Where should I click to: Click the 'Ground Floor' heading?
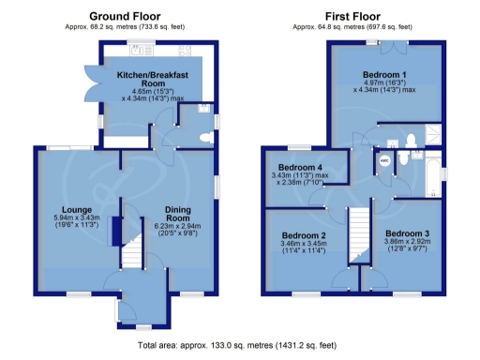125,16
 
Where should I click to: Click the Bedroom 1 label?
385,75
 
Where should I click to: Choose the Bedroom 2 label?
303,235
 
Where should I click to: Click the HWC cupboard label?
383,160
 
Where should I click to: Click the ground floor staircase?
132,251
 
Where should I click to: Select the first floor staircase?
361,234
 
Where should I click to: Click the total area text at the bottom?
239,347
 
